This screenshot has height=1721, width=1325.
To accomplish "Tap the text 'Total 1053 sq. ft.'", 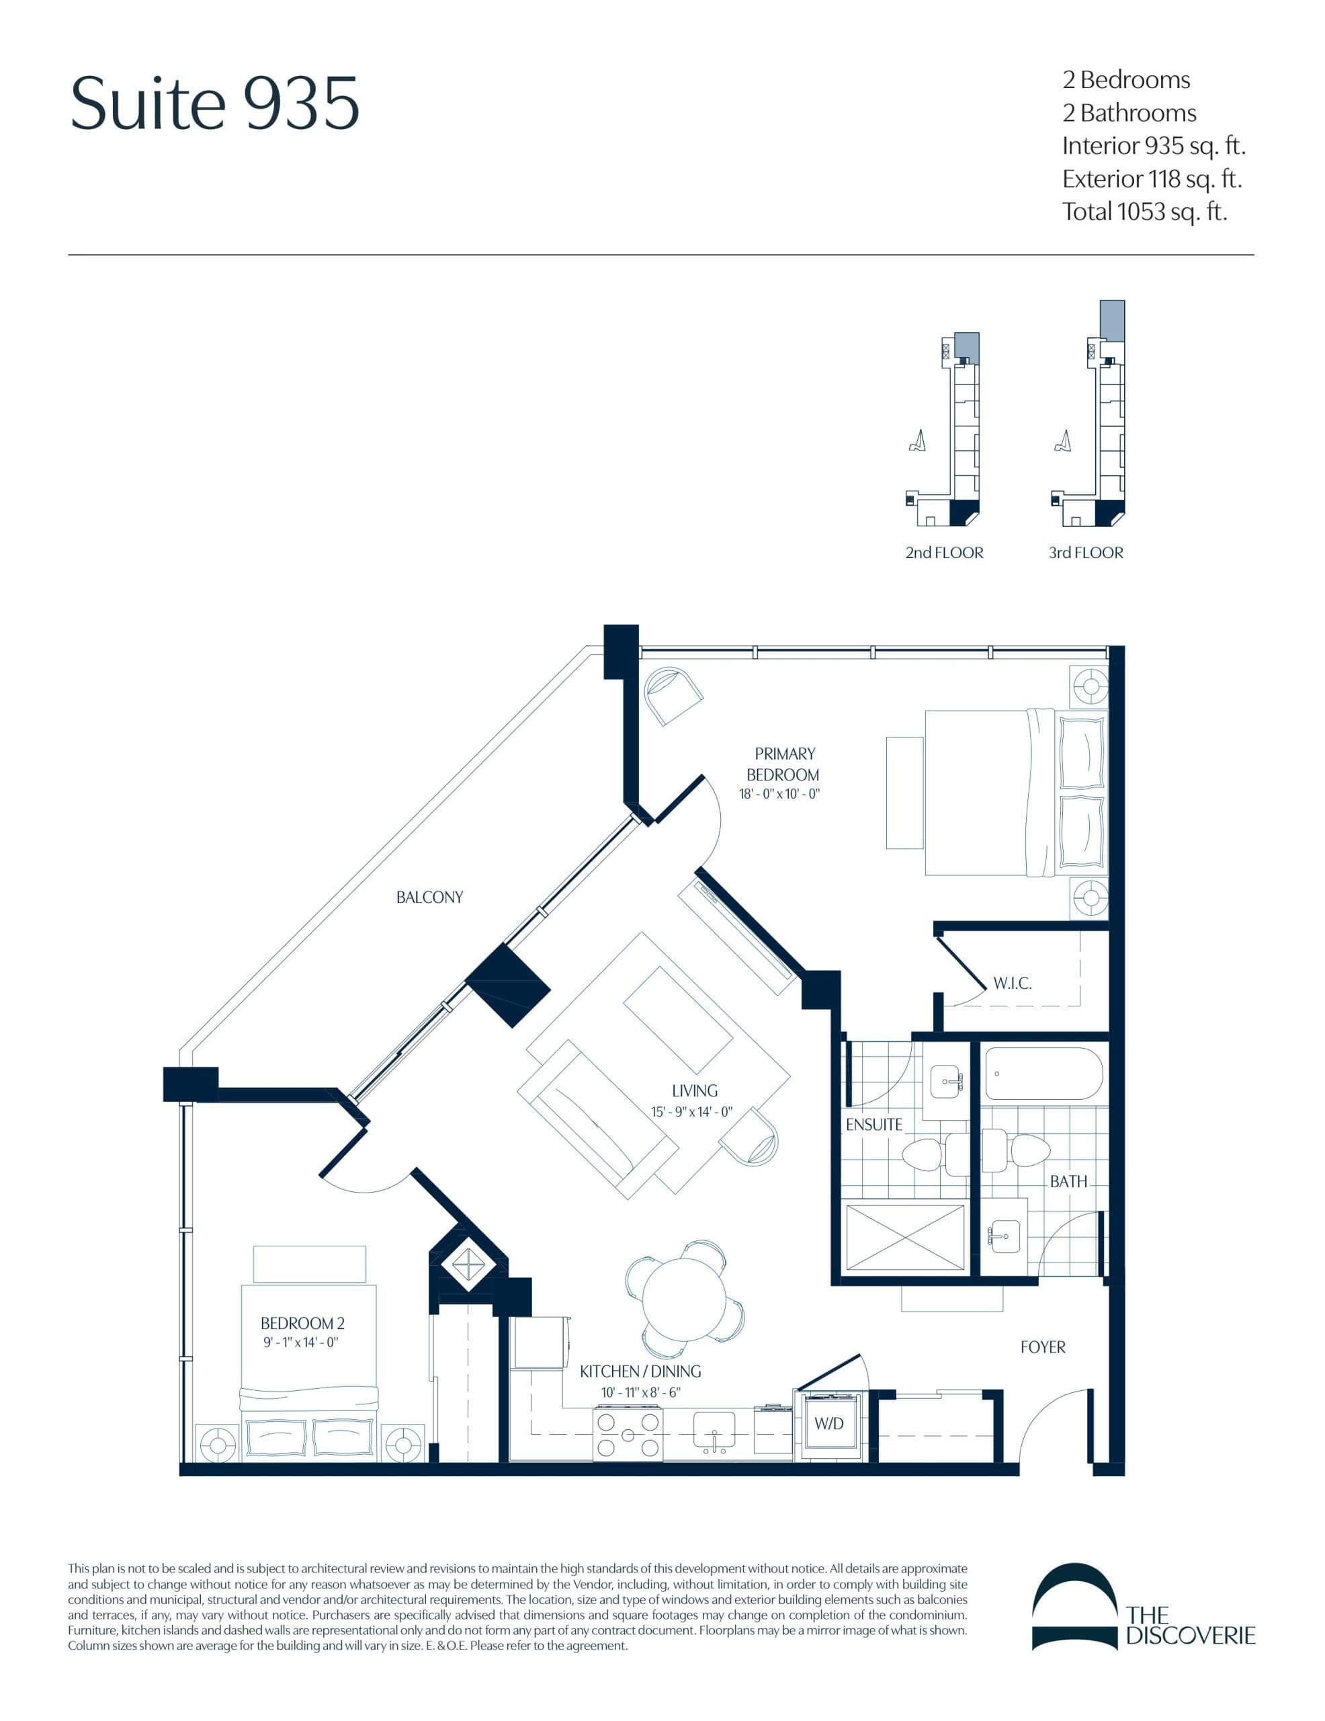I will click(1144, 212).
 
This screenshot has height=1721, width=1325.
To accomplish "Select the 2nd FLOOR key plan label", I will click(944, 553).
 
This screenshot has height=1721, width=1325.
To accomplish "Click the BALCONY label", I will click(429, 897).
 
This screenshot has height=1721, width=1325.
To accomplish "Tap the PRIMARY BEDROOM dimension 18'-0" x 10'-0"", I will click(779, 795).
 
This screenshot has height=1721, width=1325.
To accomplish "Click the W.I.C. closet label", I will click(1011, 983).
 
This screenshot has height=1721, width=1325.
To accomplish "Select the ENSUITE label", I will click(873, 1125).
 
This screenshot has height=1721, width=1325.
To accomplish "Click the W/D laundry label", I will click(828, 1423).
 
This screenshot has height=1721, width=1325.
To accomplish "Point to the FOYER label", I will click(1042, 1347).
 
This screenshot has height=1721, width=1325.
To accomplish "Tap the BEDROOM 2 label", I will click(302, 1323).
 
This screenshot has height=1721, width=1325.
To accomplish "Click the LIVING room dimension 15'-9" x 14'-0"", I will click(691, 1112).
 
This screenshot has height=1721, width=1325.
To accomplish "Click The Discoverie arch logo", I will click(1074, 1606).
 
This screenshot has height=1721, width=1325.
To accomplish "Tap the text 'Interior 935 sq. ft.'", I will click(1153, 146).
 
